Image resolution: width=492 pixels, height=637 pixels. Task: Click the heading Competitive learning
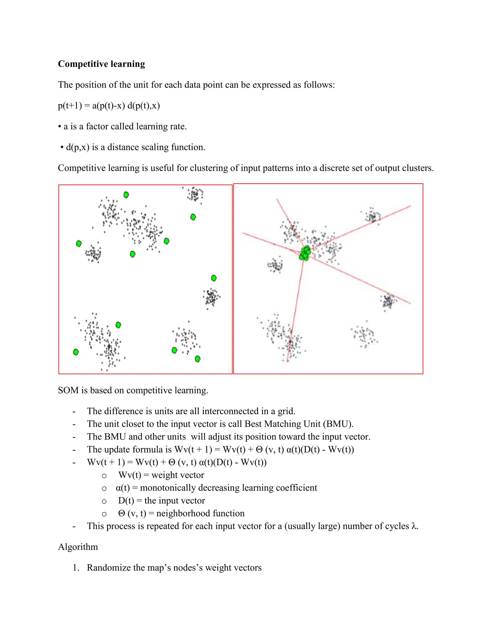101,64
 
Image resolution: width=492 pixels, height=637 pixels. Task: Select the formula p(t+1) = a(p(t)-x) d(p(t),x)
109,105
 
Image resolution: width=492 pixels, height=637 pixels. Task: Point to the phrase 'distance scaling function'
156,147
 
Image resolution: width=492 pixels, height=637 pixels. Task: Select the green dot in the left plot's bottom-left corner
76,352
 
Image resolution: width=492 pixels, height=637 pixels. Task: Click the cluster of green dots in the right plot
305,253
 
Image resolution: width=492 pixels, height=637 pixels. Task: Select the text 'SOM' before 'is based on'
68,390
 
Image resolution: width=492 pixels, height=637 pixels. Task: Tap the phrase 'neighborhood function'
200,513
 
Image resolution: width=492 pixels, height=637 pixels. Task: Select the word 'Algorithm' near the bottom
78,547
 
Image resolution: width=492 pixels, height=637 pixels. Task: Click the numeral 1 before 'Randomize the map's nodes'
75,568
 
